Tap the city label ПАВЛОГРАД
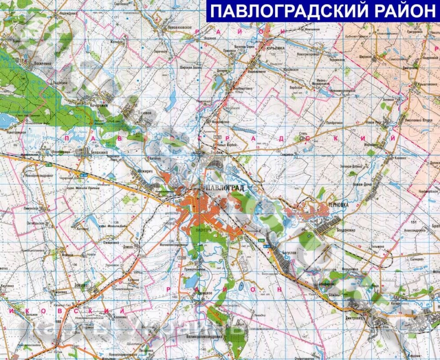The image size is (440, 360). coord(226,188)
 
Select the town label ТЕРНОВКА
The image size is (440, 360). coord(336,202)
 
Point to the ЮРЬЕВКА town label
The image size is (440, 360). coord(274,48)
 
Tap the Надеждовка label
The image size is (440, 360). coord(68,12)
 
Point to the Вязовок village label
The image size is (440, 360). coord(144,112)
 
